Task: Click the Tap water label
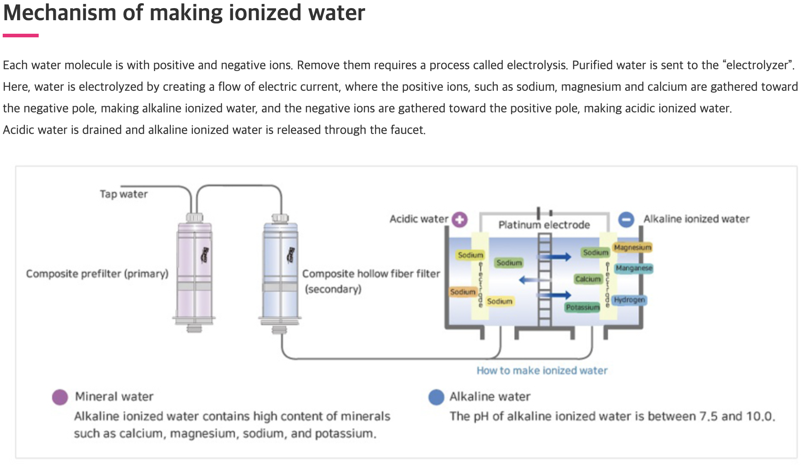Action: (124, 194)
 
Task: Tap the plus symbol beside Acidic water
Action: (460, 219)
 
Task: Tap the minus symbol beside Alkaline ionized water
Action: (626, 219)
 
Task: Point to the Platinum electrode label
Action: (544, 225)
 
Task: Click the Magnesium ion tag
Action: (632, 247)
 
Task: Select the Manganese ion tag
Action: (634, 268)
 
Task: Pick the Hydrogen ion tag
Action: (629, 300)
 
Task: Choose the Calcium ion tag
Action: (588, 279)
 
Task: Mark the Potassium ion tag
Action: (582, 307)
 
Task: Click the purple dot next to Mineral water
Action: (60, 397)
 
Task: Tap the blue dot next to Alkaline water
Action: (436, 397)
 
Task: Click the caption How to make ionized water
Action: (542, 371)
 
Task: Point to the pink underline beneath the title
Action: (21, 36)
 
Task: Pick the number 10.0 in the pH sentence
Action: (760, 416)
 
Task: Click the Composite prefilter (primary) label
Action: (97, 274)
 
